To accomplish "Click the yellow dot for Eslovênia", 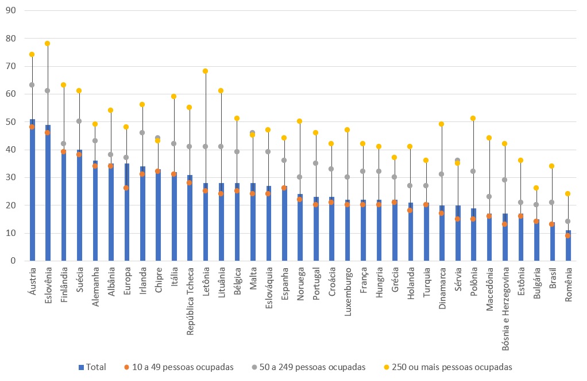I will click(x=47, y=44).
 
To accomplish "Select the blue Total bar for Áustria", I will click(x=32, y=190).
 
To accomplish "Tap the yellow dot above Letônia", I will click(x=205, y=71).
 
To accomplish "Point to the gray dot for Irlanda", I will click(x=142, y=132).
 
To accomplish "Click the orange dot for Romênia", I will click(x=567, y=235).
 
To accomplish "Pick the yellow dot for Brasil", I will click(x=552, y=166).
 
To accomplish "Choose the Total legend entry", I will click(x=91, y=367).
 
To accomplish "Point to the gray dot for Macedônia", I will click(x=489, y=196).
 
